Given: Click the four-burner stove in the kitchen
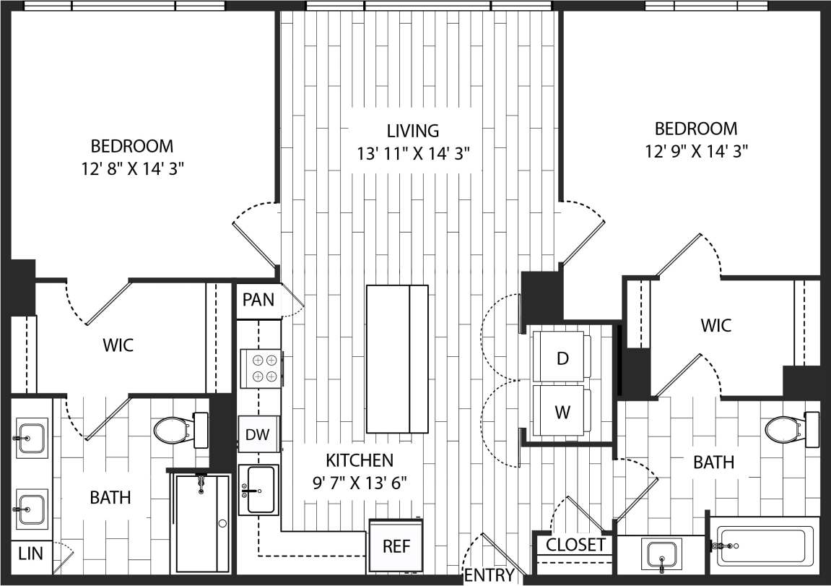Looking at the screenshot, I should click(x=261, y=368).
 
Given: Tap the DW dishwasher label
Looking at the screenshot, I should click(x=258, y=435).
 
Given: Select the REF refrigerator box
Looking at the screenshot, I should click(x=396, y=546).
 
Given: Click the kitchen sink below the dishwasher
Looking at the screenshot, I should click(x=258, y=489).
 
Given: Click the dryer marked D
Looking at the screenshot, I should click(x=562, y=359).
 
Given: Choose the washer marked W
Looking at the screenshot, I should click(x=562, y=413).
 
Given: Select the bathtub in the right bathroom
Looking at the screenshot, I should click(x=765, y=547).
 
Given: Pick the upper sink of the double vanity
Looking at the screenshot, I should click(x=32, y=438).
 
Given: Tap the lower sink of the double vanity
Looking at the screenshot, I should click(x=32, y=509).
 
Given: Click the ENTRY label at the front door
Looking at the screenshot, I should click(x=490, y=575).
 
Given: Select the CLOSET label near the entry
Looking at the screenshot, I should click(x=575, y=545).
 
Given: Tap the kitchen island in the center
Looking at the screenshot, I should click(x=397, y=358).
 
